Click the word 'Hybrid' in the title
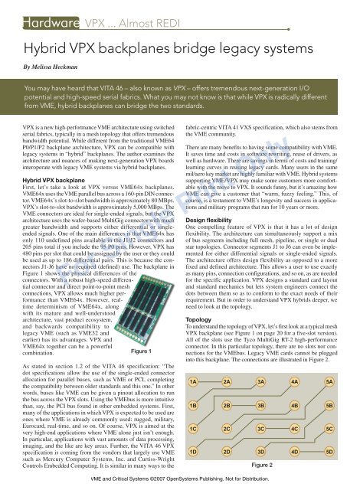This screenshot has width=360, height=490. point(34,41)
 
